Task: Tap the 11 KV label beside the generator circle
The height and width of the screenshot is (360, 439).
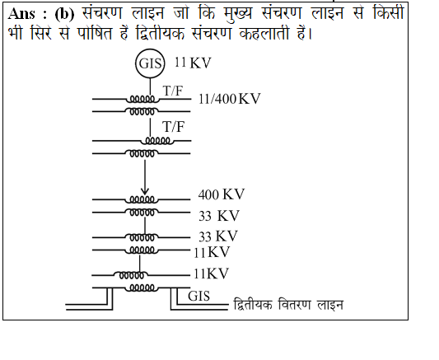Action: (193, 63)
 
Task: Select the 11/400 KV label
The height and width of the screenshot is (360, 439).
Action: (229, 99)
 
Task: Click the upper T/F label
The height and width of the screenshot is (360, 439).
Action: (173, 91)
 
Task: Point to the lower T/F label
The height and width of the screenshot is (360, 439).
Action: (174, 127)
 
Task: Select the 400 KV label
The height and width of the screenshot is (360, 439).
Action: (222, 194)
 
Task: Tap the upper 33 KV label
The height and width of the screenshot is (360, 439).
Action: (219, 216)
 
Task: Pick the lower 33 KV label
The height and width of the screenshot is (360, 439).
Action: (218, 236)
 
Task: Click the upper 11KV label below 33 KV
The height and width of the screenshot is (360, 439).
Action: (212, 252)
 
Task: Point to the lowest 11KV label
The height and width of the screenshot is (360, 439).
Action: (211, 274)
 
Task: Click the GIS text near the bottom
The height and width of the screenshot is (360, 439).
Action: (198, 296)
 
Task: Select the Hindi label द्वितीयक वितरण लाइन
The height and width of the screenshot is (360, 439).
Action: (288, 305)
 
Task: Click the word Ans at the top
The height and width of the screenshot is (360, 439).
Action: (21, 14)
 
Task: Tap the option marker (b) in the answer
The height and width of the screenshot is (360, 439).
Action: (65, 14)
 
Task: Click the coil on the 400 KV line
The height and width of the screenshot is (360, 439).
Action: (142, 199)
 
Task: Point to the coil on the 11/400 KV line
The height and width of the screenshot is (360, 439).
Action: (142, 100)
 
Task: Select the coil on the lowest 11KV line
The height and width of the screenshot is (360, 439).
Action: (131, 275)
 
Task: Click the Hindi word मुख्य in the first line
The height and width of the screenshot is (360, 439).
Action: (239, 13)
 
